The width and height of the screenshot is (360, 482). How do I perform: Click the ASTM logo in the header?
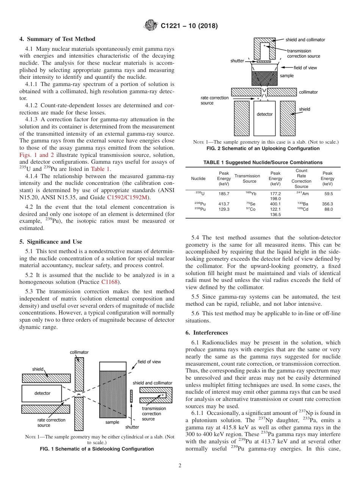coord(151,26)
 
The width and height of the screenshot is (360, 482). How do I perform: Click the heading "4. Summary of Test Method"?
coord(57,39)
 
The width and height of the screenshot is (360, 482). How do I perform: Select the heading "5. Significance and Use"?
coord(50,242)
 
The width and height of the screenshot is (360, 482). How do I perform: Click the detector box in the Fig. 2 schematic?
coord(265,114)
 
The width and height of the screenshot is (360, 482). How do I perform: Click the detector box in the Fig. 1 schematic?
coord(42,393)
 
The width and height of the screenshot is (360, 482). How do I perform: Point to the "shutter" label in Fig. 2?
coord(237,61)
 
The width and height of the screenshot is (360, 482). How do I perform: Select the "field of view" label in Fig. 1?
coord(149,361)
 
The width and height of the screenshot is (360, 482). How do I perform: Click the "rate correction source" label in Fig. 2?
coord(214,100)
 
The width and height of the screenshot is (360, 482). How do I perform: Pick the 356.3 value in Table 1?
coord(327,204)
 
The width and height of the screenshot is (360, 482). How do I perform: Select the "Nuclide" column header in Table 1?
coord(198,178)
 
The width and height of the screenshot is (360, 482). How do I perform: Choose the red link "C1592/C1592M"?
coord(128,197)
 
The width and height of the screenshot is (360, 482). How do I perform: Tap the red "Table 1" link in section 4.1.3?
coord(100,169)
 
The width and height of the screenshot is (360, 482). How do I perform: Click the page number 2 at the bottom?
coord(180,466)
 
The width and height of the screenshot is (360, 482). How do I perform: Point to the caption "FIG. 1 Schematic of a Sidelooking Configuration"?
coord(97,449)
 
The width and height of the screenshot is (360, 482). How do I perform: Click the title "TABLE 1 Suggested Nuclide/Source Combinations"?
coord(263,162)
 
